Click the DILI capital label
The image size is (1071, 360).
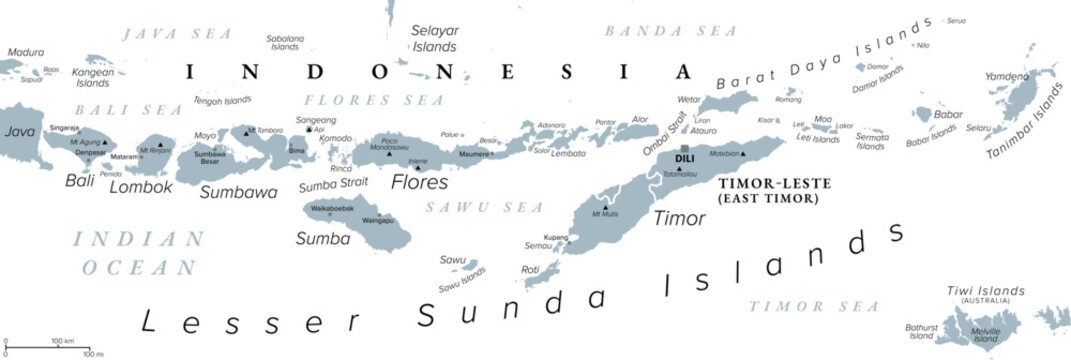point(685,159)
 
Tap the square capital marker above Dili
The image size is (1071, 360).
point(685,148)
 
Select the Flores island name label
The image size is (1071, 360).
point(419,183)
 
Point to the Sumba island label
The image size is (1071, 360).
point(316,238)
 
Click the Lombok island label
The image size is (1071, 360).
point(135,186)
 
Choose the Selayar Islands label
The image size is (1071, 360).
point(434,38)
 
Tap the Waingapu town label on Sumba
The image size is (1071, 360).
point(377,219)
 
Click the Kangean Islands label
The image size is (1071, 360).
point(92,76)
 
